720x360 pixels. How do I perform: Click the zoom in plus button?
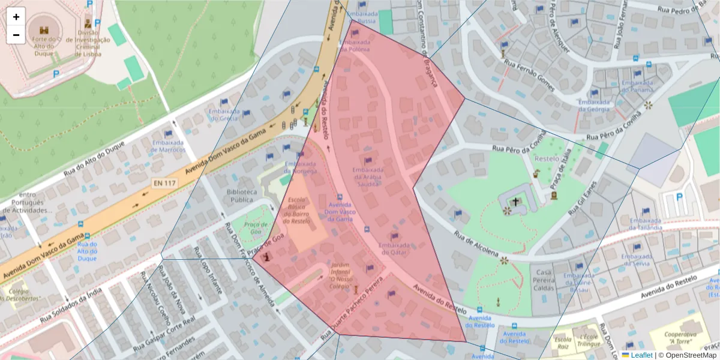(16, 17)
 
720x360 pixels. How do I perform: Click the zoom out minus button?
(16, 35)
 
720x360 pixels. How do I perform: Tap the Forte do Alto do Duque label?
(44, 46)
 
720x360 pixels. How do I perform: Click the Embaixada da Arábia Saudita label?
(368, 177)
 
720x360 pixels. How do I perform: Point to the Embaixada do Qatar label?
(394, 249)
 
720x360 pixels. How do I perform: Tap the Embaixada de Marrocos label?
(169, 146)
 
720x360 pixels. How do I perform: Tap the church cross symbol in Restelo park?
(515, 202)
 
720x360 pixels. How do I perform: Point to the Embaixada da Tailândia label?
(646, 224)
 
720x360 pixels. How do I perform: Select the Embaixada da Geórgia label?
(594, 106)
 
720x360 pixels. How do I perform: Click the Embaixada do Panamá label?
(637, 86)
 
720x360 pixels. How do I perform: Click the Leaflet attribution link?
(641, 355)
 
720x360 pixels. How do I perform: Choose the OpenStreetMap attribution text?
(691, 355)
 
